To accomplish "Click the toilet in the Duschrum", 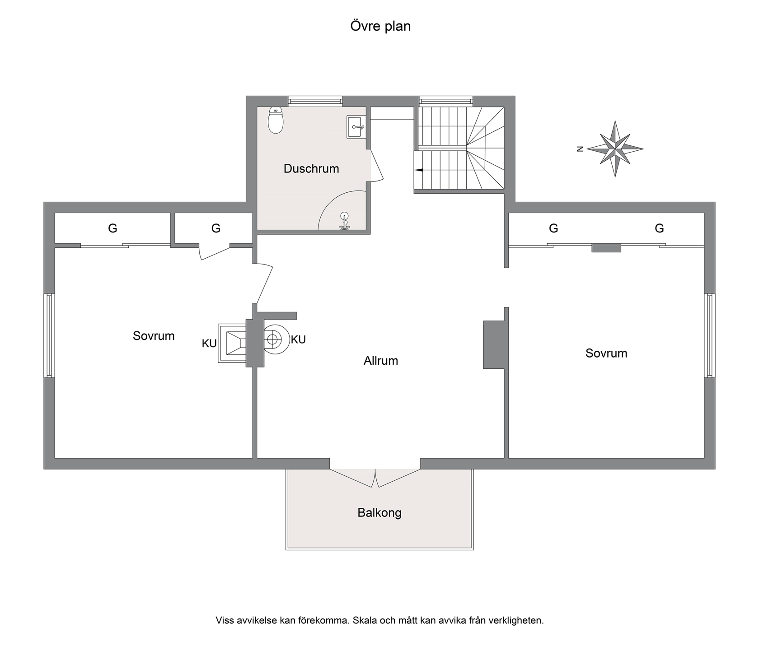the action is click(x=276, y=120).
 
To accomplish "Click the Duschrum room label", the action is click(x=311, y=169).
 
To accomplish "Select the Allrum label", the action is click(x=381, y=361).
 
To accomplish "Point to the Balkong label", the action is click(x=379, y=513).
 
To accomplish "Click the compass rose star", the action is click(x=615, y=149).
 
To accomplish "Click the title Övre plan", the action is click(x=380, y=26).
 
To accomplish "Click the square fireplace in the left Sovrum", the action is click(x=232, y=343).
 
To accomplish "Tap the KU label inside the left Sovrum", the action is click(x=209, y=344).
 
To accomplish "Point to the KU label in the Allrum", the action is click(x=298, y=339).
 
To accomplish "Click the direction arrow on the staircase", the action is click(x=419, y=170).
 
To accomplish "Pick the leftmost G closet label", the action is click(x=112, y=228).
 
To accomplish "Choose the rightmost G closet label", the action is click(x=659, y=228).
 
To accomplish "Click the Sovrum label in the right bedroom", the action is click(x=606, y=353).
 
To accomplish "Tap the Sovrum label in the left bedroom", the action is click(x=154, y=336).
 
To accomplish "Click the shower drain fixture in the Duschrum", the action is click(x=345, y=221).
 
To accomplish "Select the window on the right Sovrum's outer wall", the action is click(x=710, y=335).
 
